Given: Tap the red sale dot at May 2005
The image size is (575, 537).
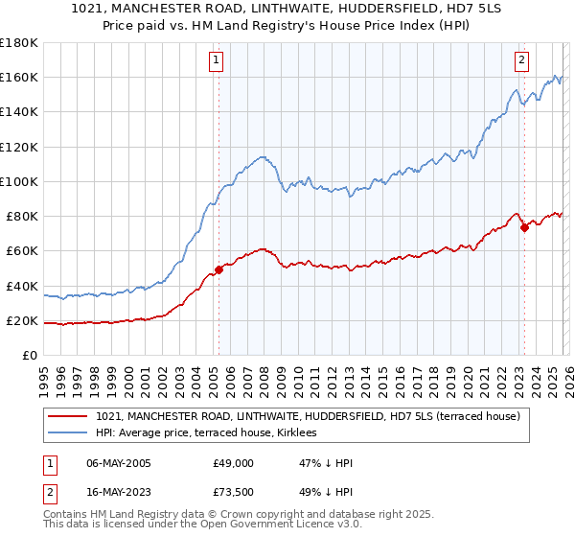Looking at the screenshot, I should click(218, 269).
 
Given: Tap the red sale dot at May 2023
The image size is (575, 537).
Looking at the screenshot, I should click(524, 227).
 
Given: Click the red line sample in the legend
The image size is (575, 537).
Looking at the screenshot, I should click(67, 416).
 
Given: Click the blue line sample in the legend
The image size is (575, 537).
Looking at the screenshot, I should click(67, 433).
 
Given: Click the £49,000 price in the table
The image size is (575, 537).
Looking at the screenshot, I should click(233, 463).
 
